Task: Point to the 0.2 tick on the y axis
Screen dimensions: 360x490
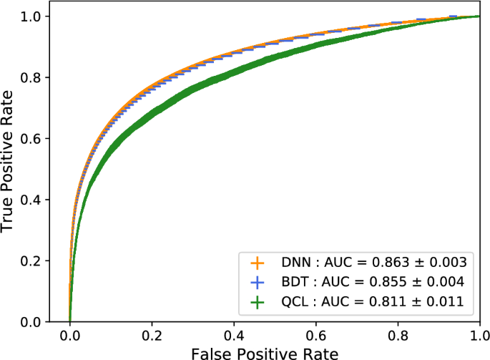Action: (x=32, y=261)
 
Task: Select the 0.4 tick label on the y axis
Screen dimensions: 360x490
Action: (x=32, y=200)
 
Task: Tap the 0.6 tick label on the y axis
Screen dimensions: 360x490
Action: (x=32, y=138)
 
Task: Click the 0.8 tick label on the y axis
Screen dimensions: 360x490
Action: (x=32, y=77)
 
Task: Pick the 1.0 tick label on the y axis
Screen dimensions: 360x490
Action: (x=32, y=16)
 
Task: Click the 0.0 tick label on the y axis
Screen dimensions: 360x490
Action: (x=32, y=322)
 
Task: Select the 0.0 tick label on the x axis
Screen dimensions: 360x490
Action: (x=69, y=335)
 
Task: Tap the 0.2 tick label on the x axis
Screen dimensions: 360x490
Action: (x=152, y=335)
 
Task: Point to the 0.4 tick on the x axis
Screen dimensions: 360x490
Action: (x=233, y=335)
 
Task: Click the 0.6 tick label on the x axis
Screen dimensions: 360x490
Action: (x=315, y=335)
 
